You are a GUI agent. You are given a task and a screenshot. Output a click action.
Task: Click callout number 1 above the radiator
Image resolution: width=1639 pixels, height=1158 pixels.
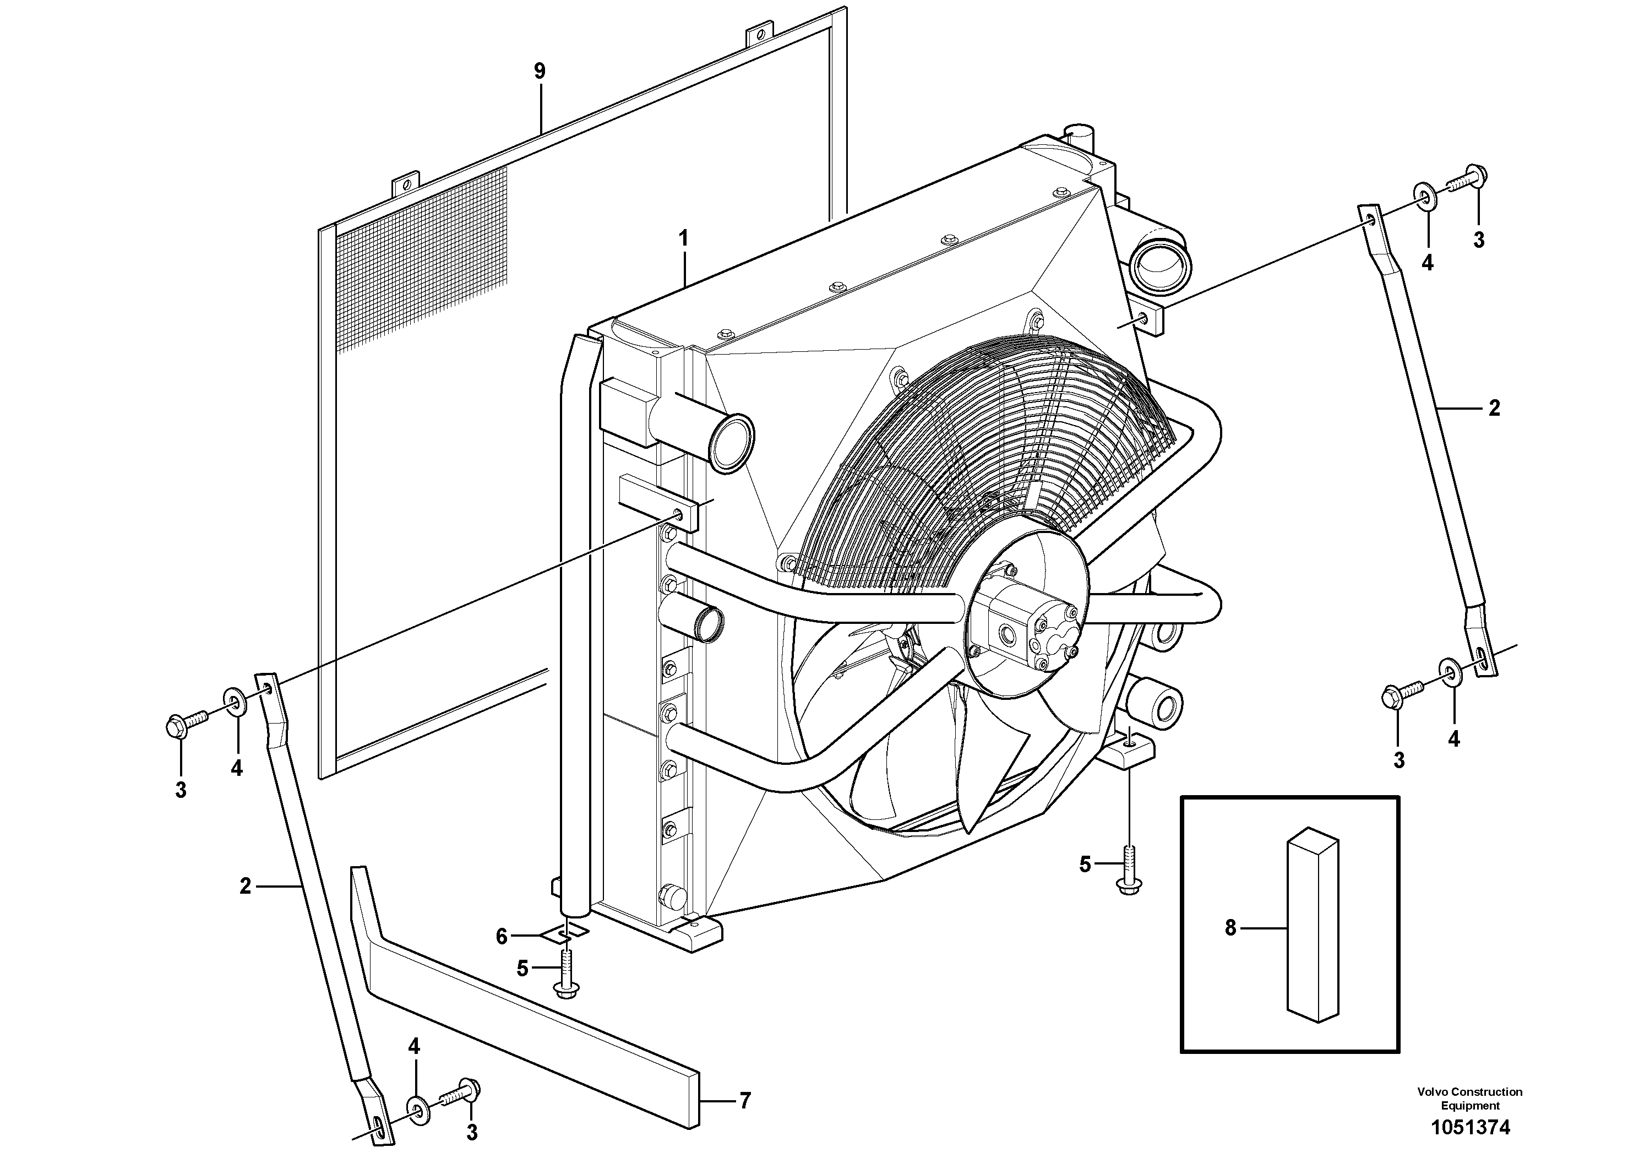[x=683, y=238]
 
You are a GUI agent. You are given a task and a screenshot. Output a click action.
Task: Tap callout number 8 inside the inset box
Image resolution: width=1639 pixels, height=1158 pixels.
[x=1230, y=928]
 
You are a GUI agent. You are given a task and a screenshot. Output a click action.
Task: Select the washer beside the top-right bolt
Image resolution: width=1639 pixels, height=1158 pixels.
[x=1424, y=195]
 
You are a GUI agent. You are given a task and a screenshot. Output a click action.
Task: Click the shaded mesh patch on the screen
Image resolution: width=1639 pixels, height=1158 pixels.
[x=421, y=264]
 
